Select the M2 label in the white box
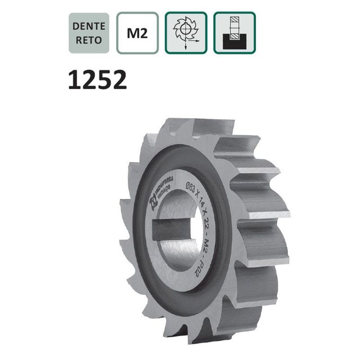click(137, 33)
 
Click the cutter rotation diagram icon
click(186, 33)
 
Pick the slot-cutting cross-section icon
click(234, 33)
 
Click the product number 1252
click(97, 81)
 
